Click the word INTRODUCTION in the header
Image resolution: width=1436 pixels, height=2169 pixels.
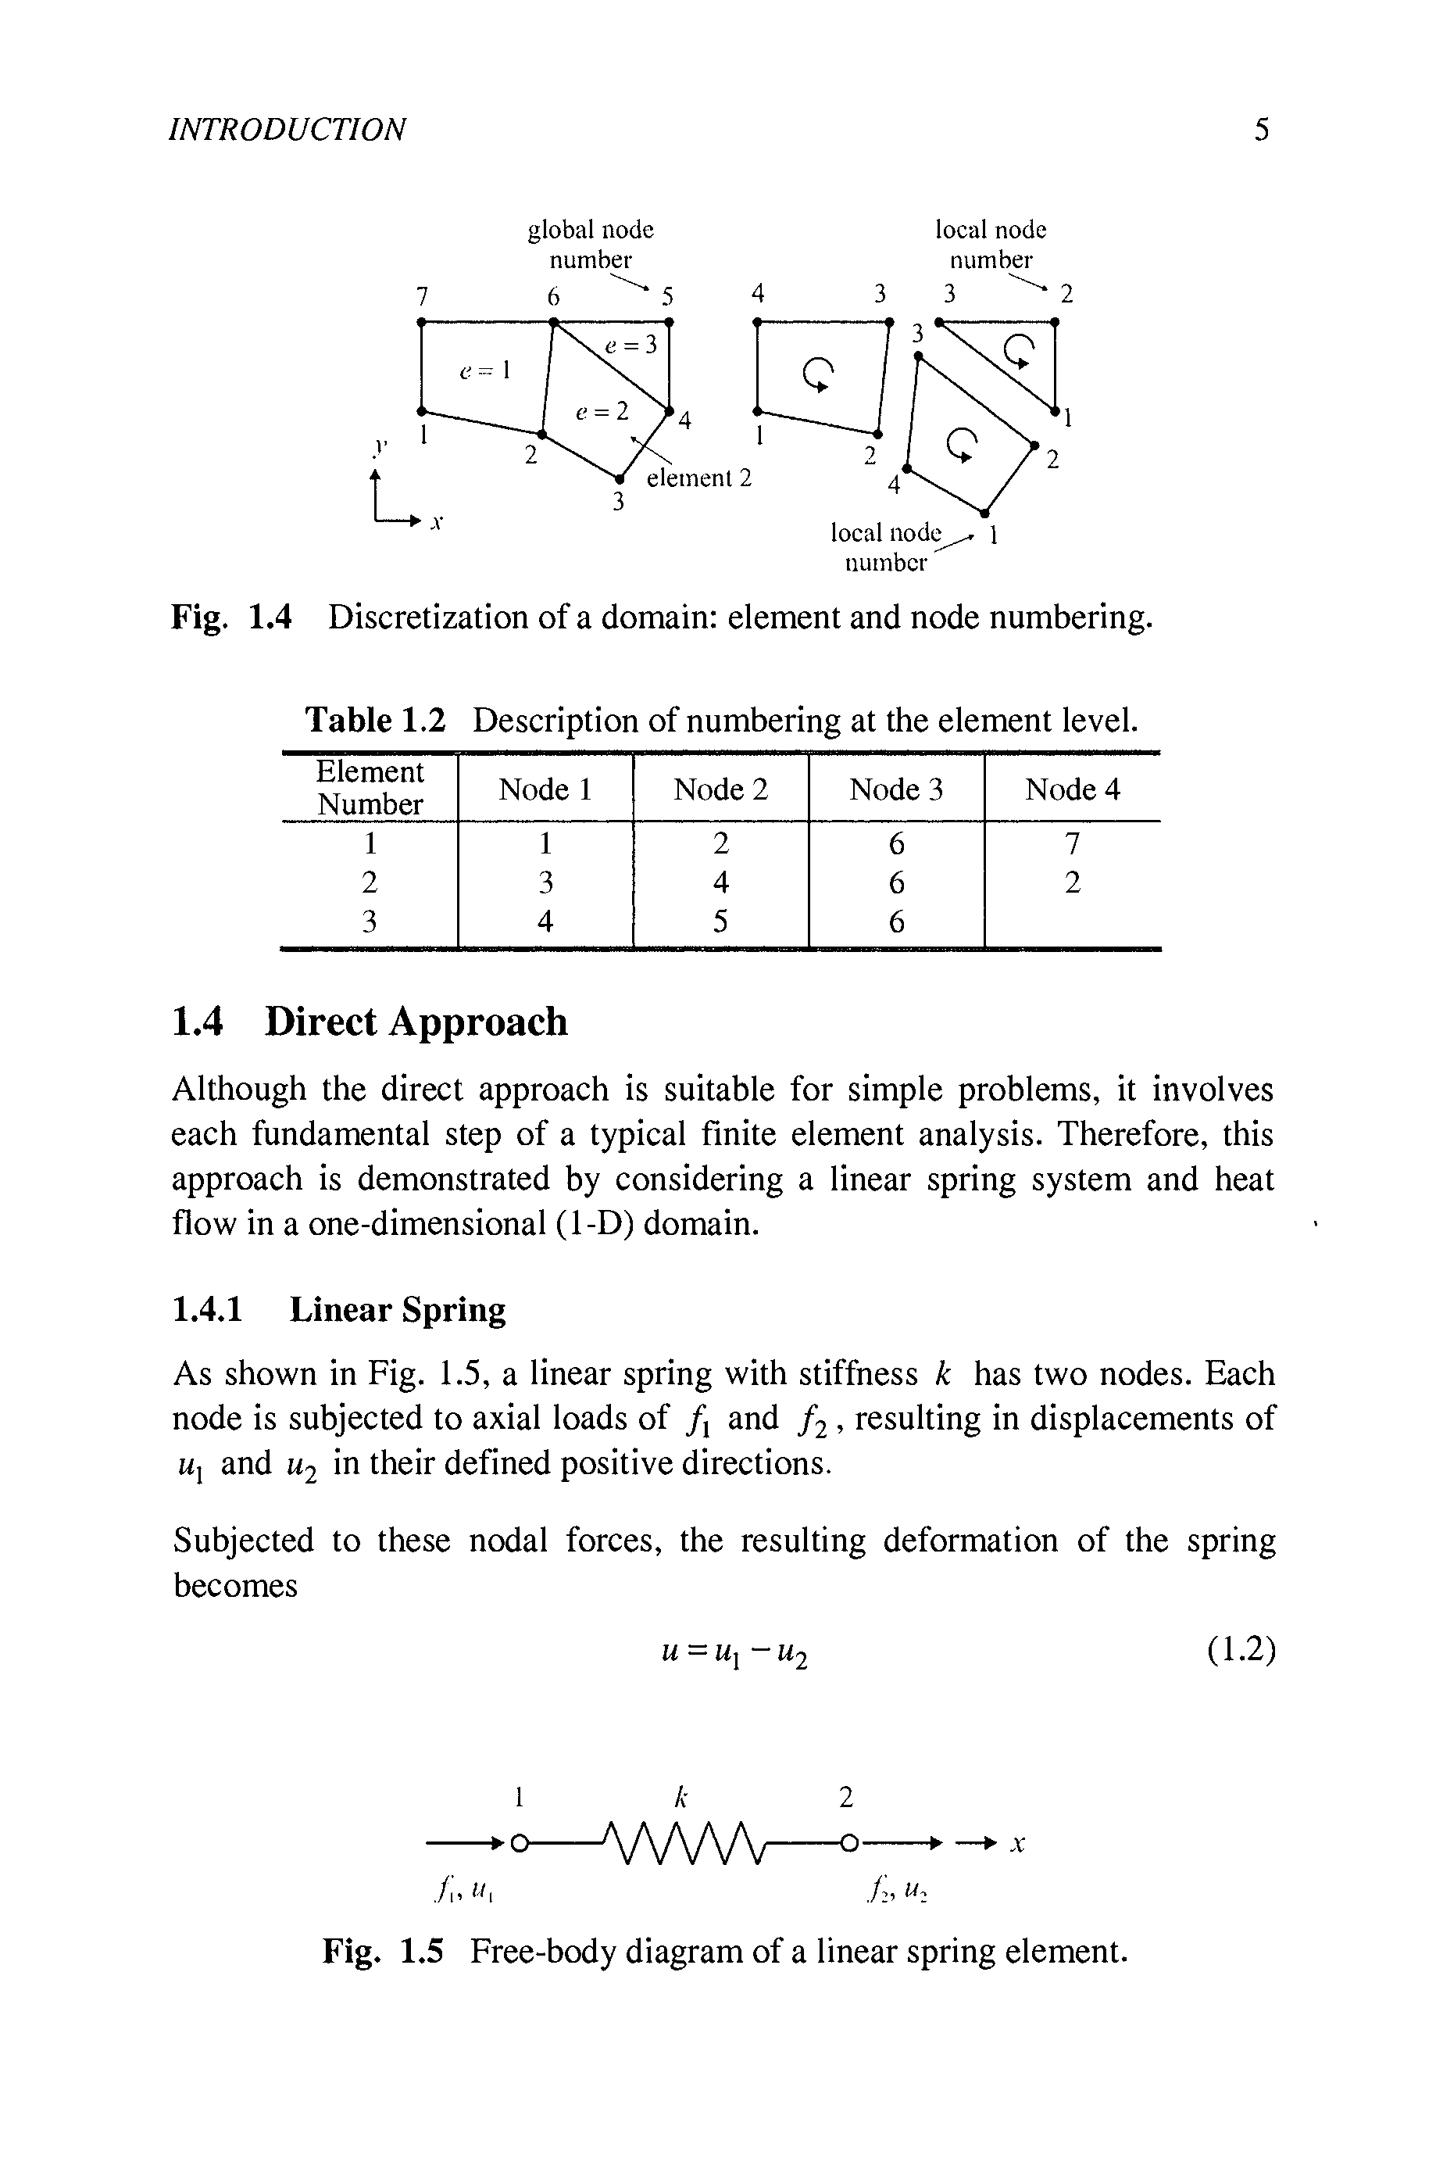(288, 130)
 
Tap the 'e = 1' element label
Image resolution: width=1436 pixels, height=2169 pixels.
(484, 370)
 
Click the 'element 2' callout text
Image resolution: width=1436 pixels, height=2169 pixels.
(698, 478)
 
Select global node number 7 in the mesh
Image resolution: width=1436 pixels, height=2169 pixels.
(421, 296)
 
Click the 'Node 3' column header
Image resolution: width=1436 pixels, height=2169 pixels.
(895, 789)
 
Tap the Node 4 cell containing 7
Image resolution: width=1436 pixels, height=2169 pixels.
(1073, 842)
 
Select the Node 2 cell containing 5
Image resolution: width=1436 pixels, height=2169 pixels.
(721, 922)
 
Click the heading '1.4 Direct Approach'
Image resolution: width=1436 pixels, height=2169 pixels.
(370, 1022)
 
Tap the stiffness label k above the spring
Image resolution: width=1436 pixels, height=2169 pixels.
(680, 1797)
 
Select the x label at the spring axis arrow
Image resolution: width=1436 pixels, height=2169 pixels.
(1016, 1845)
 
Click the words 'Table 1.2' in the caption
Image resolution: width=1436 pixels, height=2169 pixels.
(376, 721)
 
